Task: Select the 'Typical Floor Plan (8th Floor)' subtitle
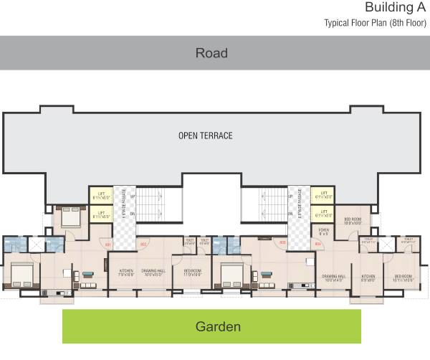[x=375, y=23]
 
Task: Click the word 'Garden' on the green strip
[x=219, y=327]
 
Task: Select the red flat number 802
[x=143, y=245]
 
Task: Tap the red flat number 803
[x=282, y=243]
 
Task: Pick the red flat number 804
[x=317, y=244]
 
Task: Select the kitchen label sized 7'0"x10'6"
[x=126, y=273]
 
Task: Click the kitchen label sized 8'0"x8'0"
[x=368, y=278]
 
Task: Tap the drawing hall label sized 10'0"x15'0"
[x=154, y=273]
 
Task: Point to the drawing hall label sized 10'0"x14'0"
[x=334, y=278]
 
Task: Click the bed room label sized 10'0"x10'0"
[x=353, y=221]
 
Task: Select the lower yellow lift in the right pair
[x=324, y=213]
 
